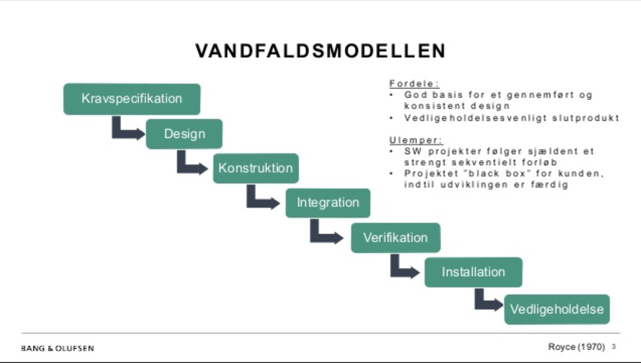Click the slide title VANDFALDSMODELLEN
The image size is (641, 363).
pyautogui.click(x=320, y=51)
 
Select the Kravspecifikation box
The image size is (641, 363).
pyautogui.click(x=132, y=99)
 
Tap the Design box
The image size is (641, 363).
pyautogui.click(x=184, y=134)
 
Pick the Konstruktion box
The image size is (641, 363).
pyautogui.click(x=256, y=168)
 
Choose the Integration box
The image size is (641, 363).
pyautogui.click(x=328, y=203)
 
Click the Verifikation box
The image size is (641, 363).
pyautogui.click(x=396, y=238)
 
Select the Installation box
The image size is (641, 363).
pyautogui.click(x=473, y=272)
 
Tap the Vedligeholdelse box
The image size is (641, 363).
pyautogui.click(x=557, y=309)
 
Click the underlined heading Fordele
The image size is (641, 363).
pyautogui.click(x=414, y=84)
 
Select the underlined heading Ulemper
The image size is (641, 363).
pyautogui.click(x=416, y=140)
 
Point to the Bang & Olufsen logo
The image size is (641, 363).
pyautogui.click(x=57, y=348)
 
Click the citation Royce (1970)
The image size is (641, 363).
pyautogui.click(x=577, y=347)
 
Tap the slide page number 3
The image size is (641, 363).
pyautogui.click(x=613, y=347)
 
